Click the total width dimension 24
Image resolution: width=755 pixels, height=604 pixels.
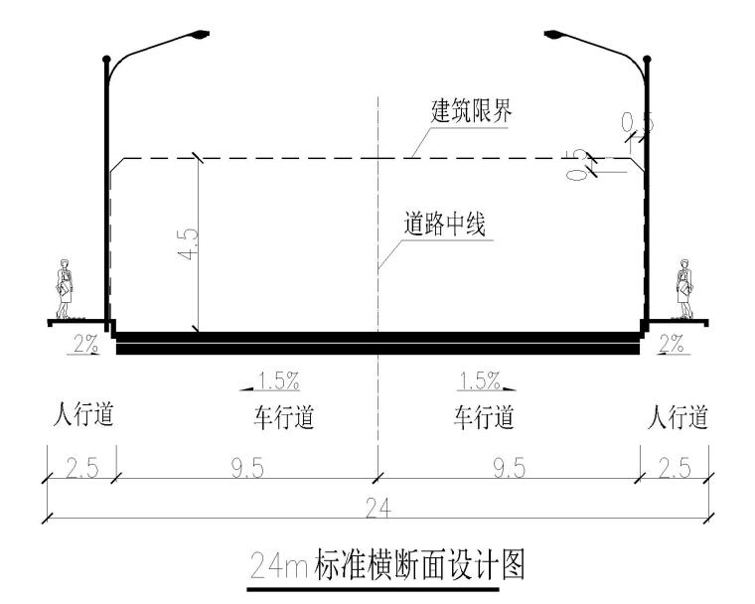tap(377, 508)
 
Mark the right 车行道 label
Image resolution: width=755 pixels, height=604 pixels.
tap(484, 417)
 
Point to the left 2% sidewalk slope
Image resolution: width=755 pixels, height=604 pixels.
tap(85, 344)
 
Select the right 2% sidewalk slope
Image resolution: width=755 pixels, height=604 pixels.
tap(672, 344)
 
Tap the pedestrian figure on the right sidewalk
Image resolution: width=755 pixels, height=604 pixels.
tap(684, 289)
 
